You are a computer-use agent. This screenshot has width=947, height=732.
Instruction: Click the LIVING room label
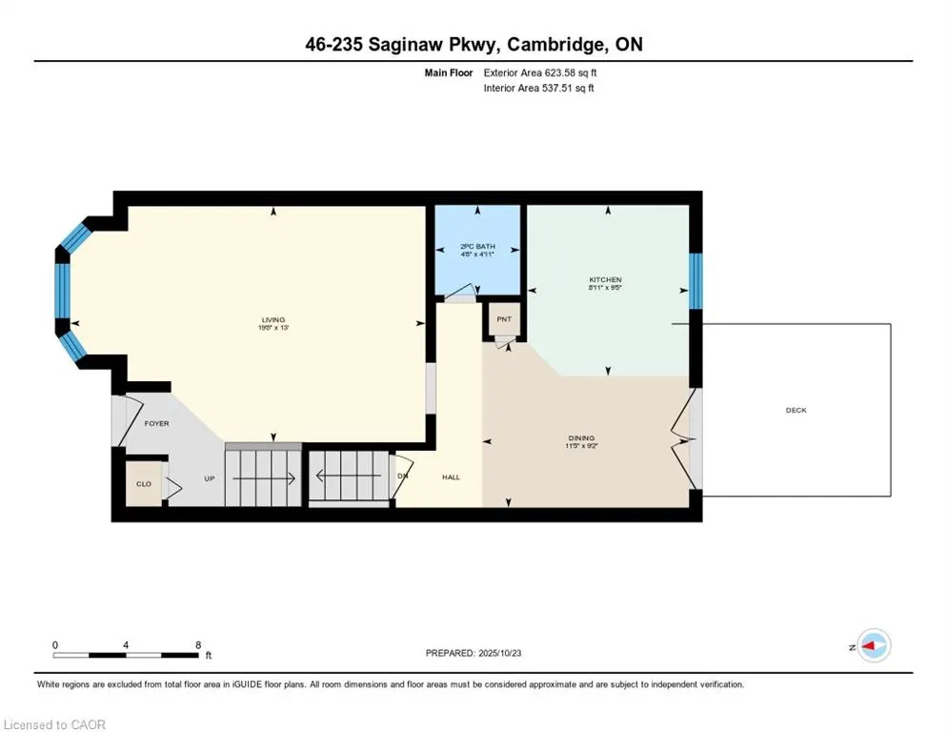(x=274, y=320)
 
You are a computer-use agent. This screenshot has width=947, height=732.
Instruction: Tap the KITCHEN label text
(x=605, y=280)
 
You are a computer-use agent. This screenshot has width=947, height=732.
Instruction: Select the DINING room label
(x=581, y=438)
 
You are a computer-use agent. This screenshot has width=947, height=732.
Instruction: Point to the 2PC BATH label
(x=477, y=246)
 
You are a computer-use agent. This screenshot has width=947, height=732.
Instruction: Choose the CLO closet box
(x=143, y=484)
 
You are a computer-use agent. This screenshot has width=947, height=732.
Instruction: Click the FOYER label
(x=156, y=423)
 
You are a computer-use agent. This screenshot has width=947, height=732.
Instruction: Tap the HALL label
(x=451, y=477)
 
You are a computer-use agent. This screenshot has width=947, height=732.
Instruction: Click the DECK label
(x=796, y=411)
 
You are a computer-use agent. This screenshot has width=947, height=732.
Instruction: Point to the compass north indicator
(x=872, y=646)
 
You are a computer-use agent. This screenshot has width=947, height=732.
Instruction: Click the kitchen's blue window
(x=695, y=281)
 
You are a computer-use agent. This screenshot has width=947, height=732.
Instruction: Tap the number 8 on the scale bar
(x=198, y=645)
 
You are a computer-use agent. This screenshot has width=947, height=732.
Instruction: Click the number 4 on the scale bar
(x=126, y=645)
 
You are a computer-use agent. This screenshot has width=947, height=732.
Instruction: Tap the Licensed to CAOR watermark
(x=55, y=724)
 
